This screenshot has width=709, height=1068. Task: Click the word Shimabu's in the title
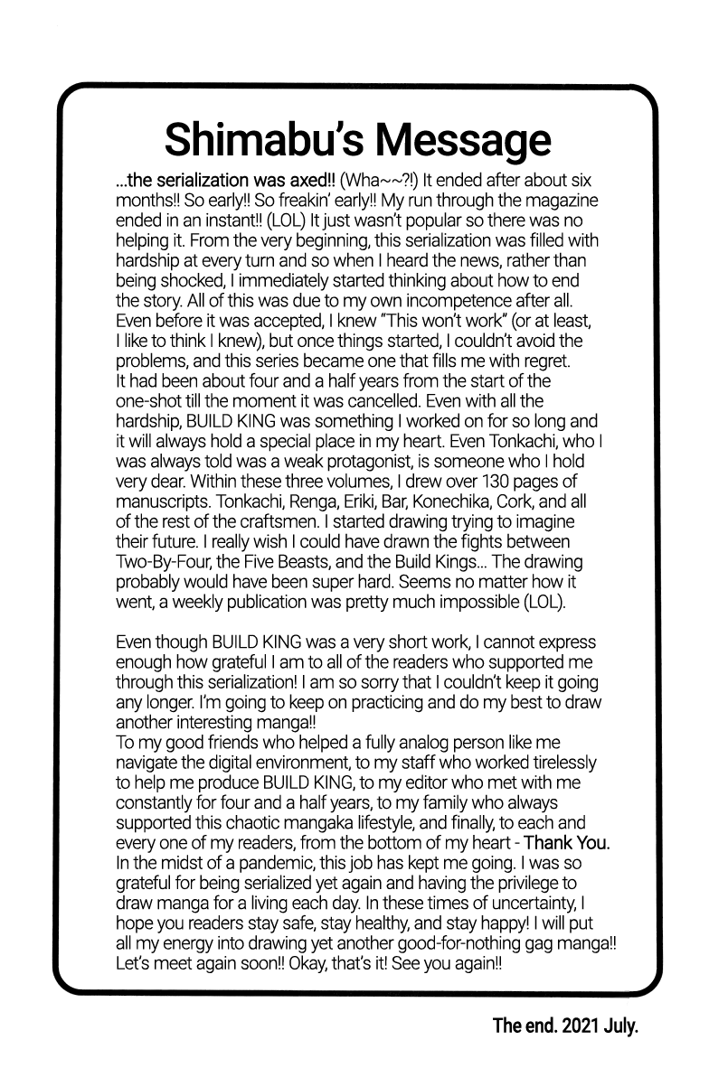(x=260, y=141)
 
